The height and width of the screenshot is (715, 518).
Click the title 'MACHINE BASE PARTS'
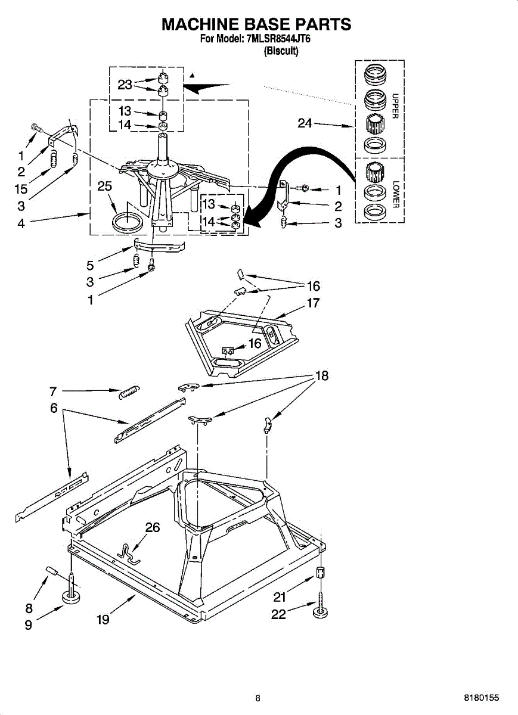coord(256,24)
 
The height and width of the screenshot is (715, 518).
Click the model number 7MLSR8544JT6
coord(277,40)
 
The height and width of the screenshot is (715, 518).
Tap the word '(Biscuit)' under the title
coord(281,51)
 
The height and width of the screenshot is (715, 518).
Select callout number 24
coord(305,123)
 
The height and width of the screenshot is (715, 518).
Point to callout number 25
coord(104,186)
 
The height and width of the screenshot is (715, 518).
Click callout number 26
coord(153,527)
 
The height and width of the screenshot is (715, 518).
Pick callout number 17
coord(313,303)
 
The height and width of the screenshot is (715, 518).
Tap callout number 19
coord(103,620)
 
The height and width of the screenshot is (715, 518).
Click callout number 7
coord(53,391)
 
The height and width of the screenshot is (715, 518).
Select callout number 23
coord(125,85)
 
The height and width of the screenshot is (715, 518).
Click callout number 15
coord(21,189)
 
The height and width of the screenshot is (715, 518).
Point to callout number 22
coord(278,614)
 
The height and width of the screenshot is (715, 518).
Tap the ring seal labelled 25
coord(128,222)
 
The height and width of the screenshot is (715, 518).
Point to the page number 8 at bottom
coord(258,698)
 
